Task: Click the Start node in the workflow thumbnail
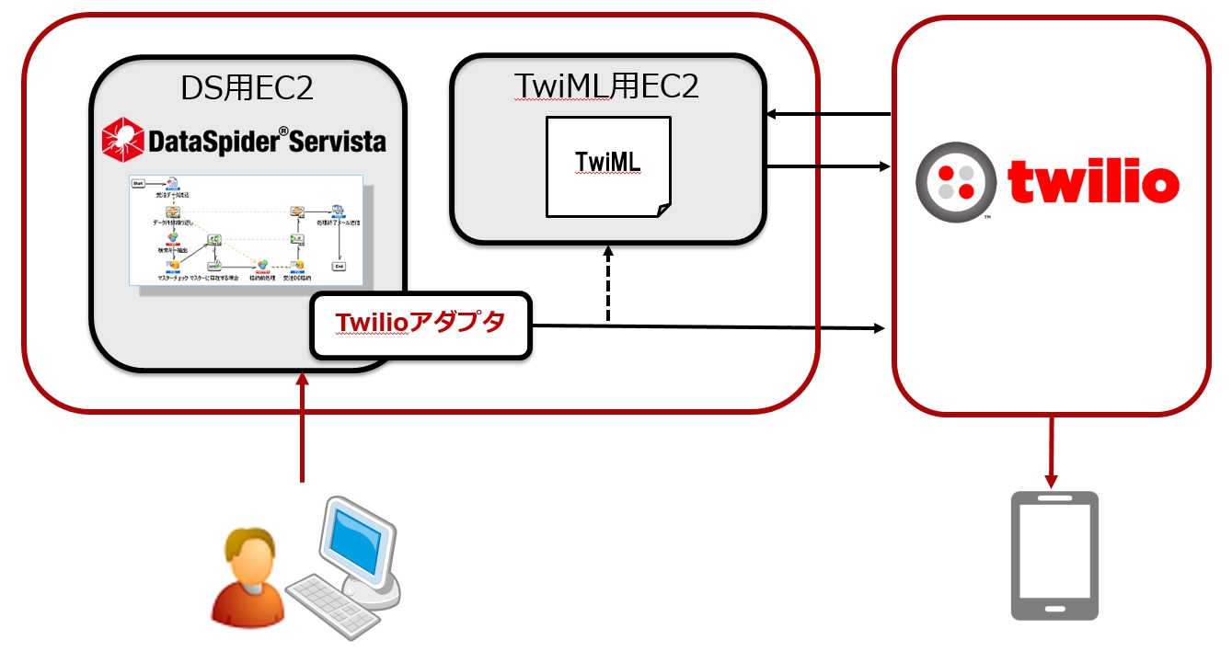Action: (x=139, y=183)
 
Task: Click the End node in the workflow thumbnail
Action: (x=340, y=266)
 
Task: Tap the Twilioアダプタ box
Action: (x=421, y=325)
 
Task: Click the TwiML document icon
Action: (x=608, y=166)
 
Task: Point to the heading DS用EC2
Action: (x=248, y=88)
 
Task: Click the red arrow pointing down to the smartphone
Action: (x=1052, y=451)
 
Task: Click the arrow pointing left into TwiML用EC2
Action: (x=828, y=115)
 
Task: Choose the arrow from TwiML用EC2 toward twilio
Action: (x=828, y=166)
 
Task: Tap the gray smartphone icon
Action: (x=1054, y=555)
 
